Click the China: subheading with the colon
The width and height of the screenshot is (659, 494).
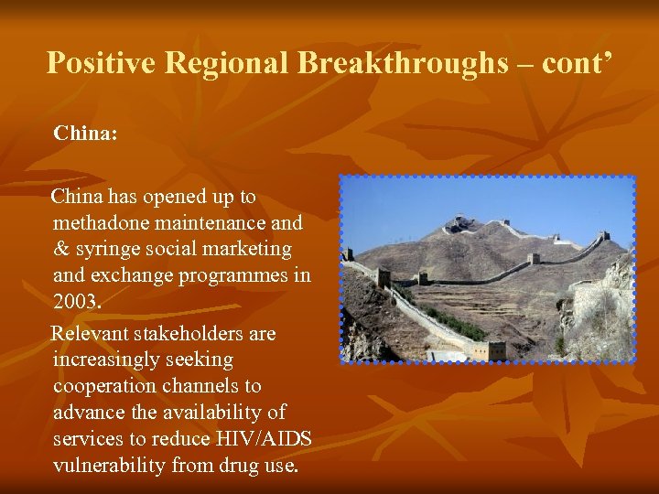[85, 134]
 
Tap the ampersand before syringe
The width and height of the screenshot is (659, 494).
[61, 249]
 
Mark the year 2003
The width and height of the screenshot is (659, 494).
[77, 302]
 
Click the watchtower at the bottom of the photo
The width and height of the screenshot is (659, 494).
[495, 349]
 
